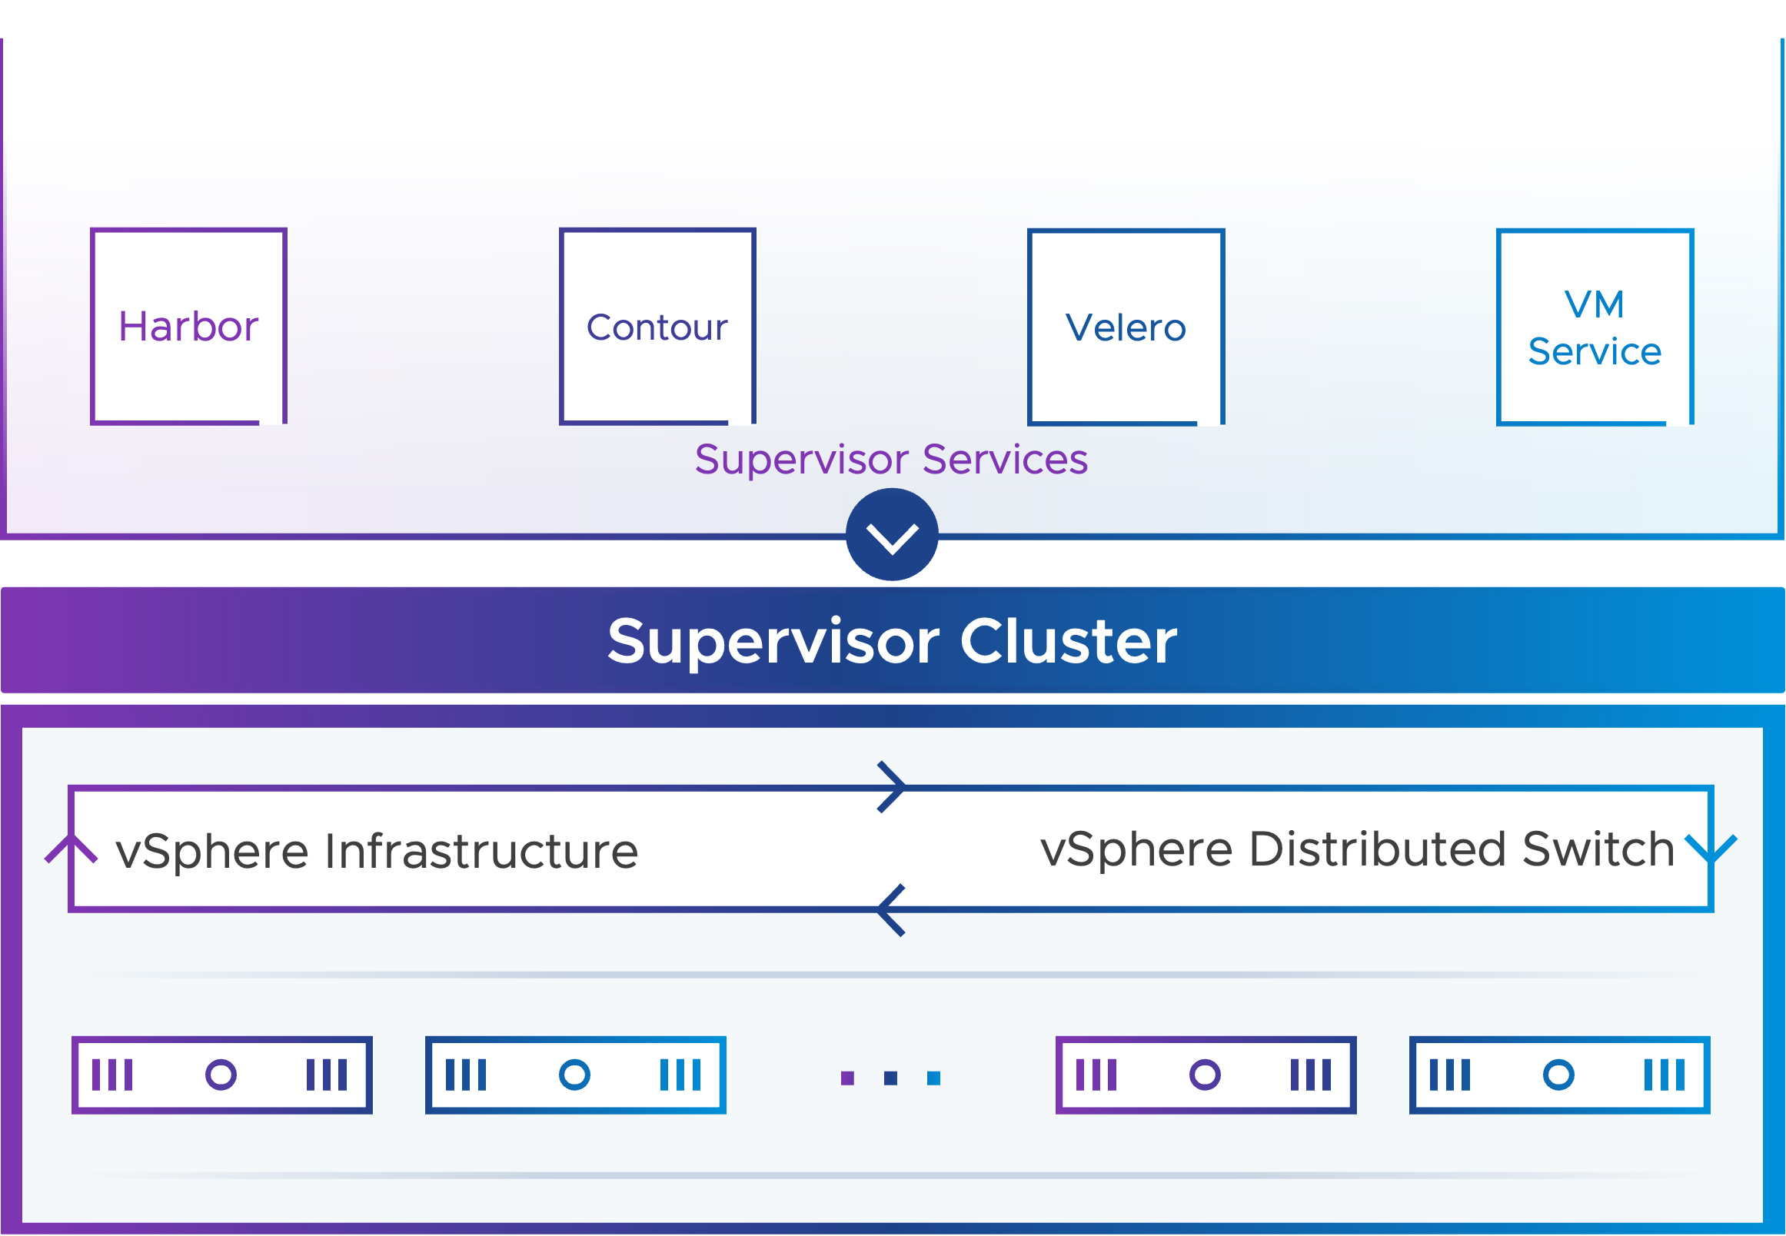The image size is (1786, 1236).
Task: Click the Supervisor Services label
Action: tap(891, 460)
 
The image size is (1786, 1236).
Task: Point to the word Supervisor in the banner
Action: tap(773, 643)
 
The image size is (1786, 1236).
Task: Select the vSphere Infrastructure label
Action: tap(377, 851)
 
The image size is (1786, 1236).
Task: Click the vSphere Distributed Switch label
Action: tap(1357, 849)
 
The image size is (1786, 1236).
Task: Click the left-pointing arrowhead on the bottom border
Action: tap(891, 910)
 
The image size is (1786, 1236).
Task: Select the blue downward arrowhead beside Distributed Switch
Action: tap(1711, 849)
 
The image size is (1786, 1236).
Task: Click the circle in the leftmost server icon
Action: tap(221, 1075)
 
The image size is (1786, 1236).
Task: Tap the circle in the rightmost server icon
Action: tap(1558, 1075)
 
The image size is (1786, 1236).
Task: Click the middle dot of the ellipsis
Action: tap(890, 1078)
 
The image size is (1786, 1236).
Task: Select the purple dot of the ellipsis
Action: tap(847, 1078)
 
